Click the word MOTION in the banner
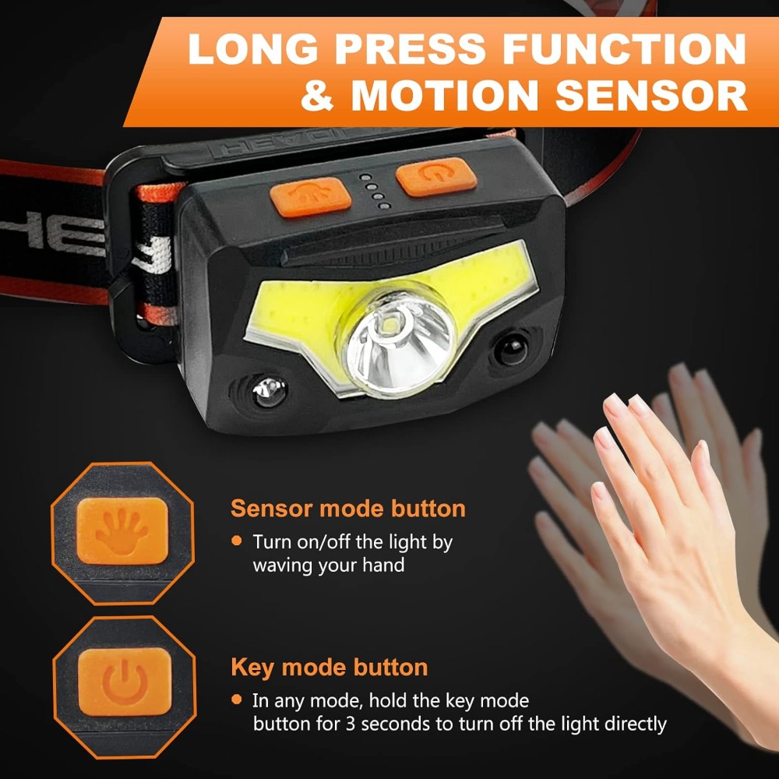(x=445, y=94)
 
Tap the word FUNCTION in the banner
(x=625, y=48)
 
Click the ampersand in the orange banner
(x=318, y=95)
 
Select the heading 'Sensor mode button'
(x=347, y=508)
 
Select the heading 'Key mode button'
(x=329, y=668)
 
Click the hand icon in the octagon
(x=122, y=531)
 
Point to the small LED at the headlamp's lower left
(x=269, y=391)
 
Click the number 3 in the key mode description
(x=351, y=724)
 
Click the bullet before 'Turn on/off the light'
(x=237, y=541)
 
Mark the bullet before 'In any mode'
(x=237, y=700)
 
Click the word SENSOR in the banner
(x=650, y=94)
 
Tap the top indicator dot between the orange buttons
(x=365, y=177)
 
